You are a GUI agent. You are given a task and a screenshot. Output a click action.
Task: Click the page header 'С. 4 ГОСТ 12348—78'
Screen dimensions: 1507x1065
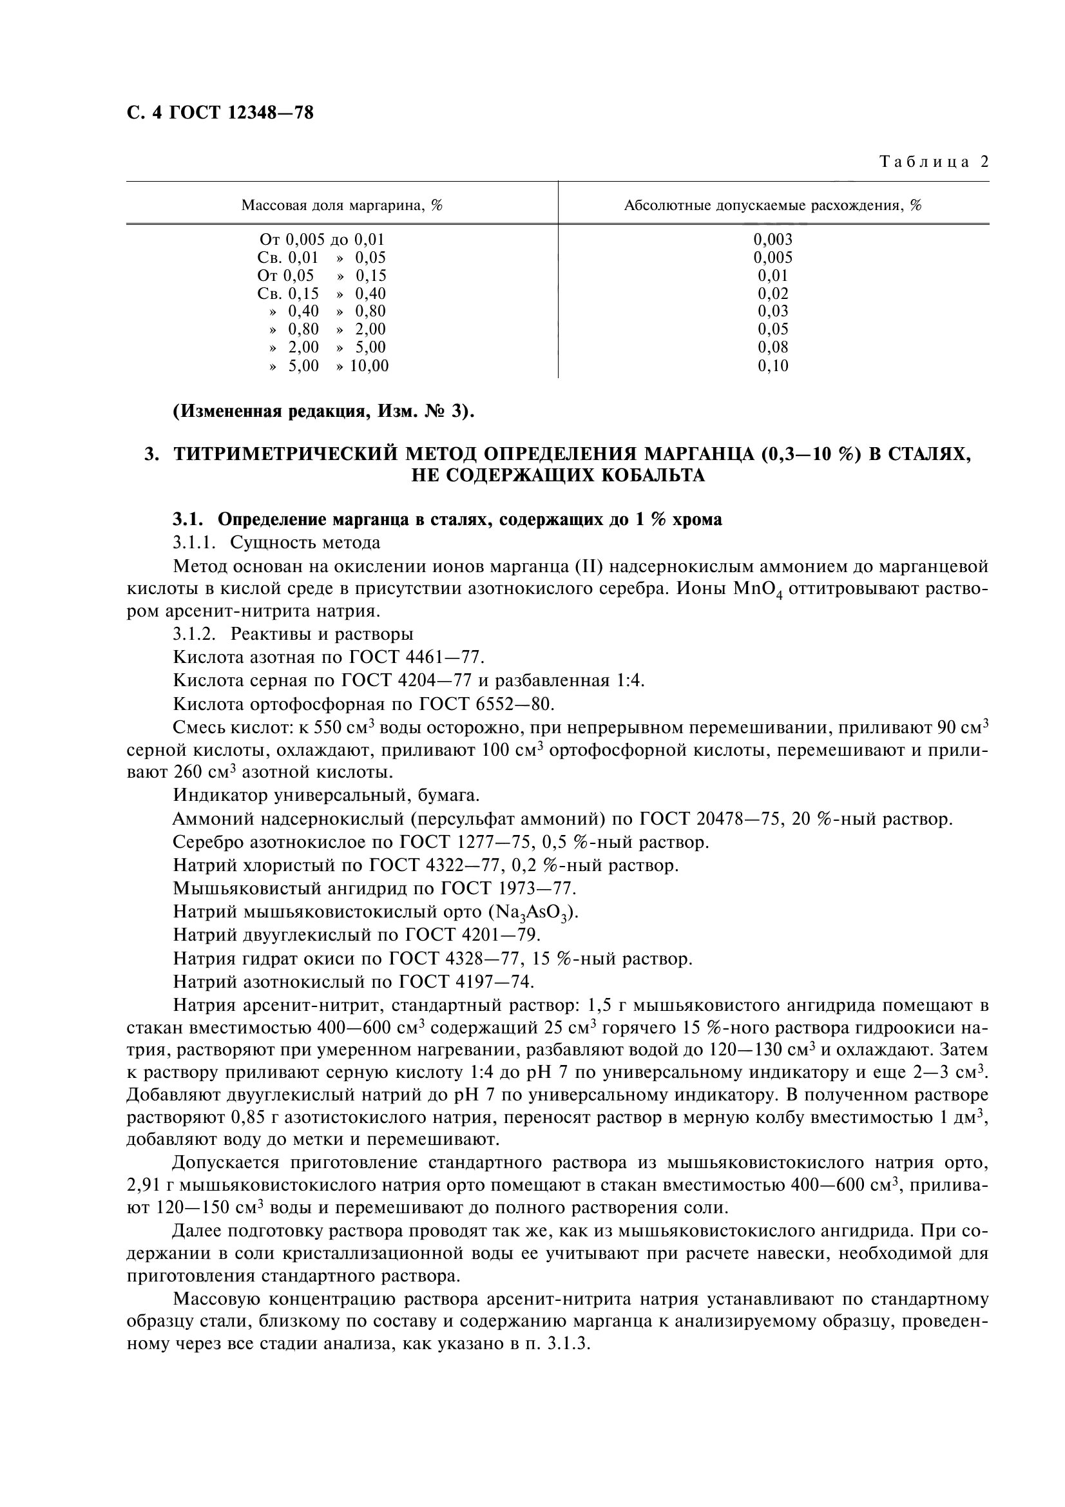[220, 113]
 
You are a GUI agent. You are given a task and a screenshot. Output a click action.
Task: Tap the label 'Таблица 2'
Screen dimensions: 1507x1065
[934, 162]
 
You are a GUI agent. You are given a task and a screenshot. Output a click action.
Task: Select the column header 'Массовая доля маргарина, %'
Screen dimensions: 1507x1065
[341, 206]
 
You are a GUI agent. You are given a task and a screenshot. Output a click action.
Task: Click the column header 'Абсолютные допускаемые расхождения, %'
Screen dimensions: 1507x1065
[772, 206]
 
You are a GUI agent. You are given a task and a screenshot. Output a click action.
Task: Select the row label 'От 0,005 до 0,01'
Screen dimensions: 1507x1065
[321, 240]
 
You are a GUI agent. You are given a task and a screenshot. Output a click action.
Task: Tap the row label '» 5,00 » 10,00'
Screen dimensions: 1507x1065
[328, 365]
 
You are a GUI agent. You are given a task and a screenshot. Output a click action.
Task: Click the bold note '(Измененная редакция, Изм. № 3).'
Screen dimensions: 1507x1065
[323, 412]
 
